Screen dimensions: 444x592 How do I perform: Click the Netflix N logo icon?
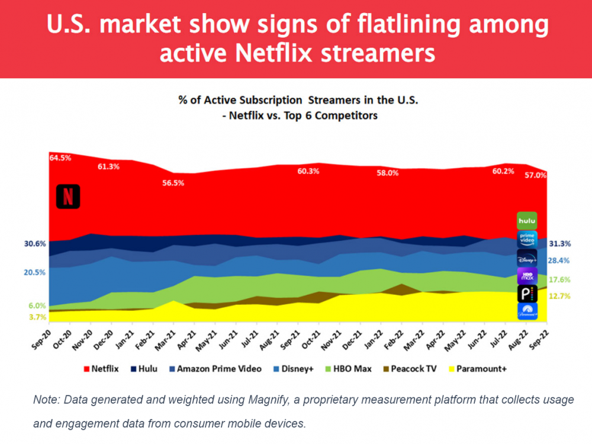68,197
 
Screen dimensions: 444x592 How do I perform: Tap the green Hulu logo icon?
527,221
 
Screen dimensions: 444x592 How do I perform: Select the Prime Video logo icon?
527,239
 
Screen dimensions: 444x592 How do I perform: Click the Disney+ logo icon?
527,258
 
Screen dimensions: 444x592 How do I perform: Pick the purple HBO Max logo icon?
527,276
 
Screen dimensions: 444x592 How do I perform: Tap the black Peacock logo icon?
527,294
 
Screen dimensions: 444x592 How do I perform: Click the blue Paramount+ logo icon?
527,311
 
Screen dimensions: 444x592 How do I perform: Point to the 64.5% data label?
60,158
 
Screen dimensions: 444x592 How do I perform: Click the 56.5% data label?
173,183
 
